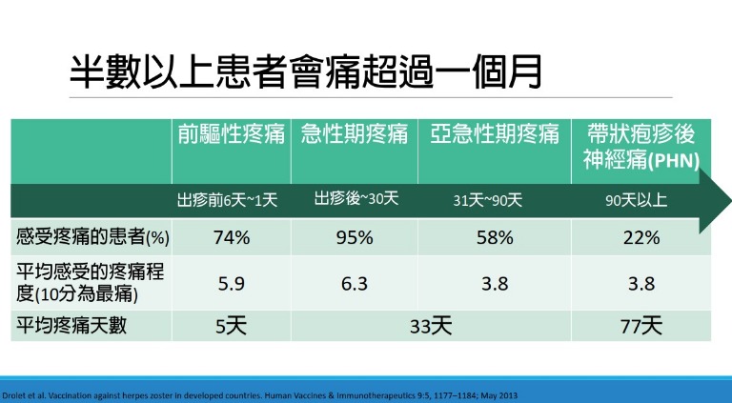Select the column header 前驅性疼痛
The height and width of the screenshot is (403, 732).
click(x=232, y=134)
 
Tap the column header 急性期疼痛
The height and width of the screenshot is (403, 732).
click(x=355, y=134)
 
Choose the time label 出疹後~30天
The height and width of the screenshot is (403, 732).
click(x=356, y=199)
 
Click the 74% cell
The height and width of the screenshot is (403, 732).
click(x=232, y=237)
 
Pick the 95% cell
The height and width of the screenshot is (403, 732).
click(x=355, y=237)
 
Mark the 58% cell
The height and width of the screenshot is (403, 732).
click(x=494, y=237)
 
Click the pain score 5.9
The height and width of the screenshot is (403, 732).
click(x=232, y=282)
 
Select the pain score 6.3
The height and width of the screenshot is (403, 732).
click(x=355, y=282)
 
